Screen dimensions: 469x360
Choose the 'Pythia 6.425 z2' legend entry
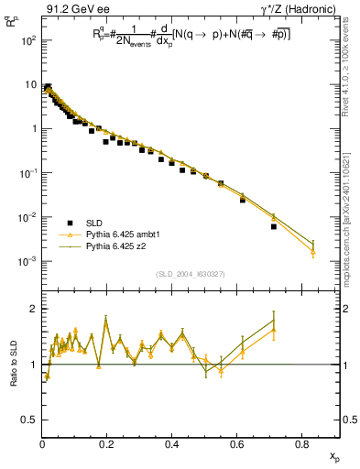coord(107,246)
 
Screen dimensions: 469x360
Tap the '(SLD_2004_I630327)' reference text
coord(191,273)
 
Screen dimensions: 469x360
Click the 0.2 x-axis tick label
coord(107,445)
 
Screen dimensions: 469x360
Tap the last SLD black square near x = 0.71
coord(274,226)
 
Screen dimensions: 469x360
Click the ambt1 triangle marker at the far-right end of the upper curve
coord(313,249)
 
